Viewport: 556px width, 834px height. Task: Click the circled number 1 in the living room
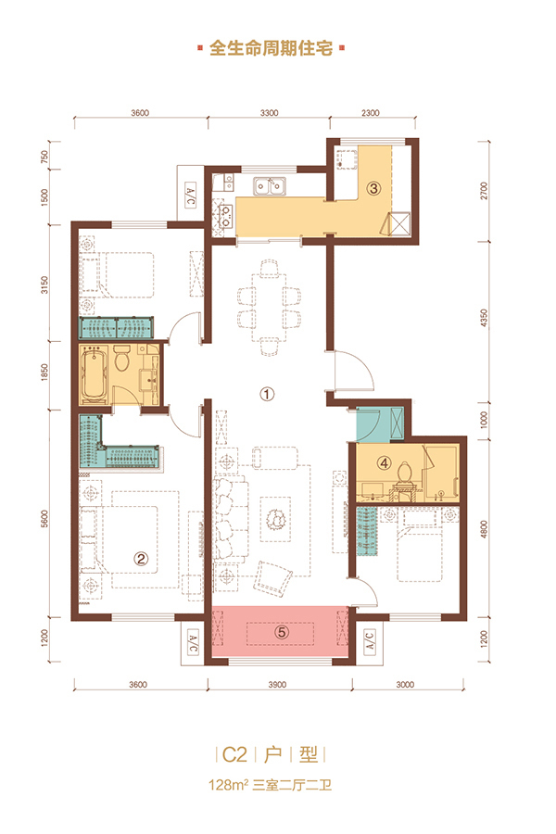pos(267,394)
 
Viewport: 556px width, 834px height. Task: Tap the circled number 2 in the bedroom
pos(141,559)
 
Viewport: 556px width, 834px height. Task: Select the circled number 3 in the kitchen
pos(374,188)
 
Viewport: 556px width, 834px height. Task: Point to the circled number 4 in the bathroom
pos(385,462)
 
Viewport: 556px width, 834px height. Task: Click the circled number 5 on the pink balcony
pos(282,632)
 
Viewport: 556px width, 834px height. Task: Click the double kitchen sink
pos(269,186)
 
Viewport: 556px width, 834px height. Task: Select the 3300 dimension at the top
pos(270,113)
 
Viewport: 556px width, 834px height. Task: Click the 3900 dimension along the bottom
pos(277,685)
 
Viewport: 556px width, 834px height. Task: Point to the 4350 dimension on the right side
pos(483,318)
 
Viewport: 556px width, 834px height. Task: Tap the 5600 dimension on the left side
pos(44,519)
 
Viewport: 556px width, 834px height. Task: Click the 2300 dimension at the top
pos(371,113)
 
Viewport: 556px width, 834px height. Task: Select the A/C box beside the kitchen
pos(191,196)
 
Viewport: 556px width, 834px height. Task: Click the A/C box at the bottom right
pos(369,641)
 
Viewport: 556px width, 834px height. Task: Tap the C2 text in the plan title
pos(234,754)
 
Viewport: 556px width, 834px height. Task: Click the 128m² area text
pos(229,785)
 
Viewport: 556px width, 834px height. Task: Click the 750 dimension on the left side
pos(44,157)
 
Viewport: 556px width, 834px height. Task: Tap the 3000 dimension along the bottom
pos(405,685)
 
